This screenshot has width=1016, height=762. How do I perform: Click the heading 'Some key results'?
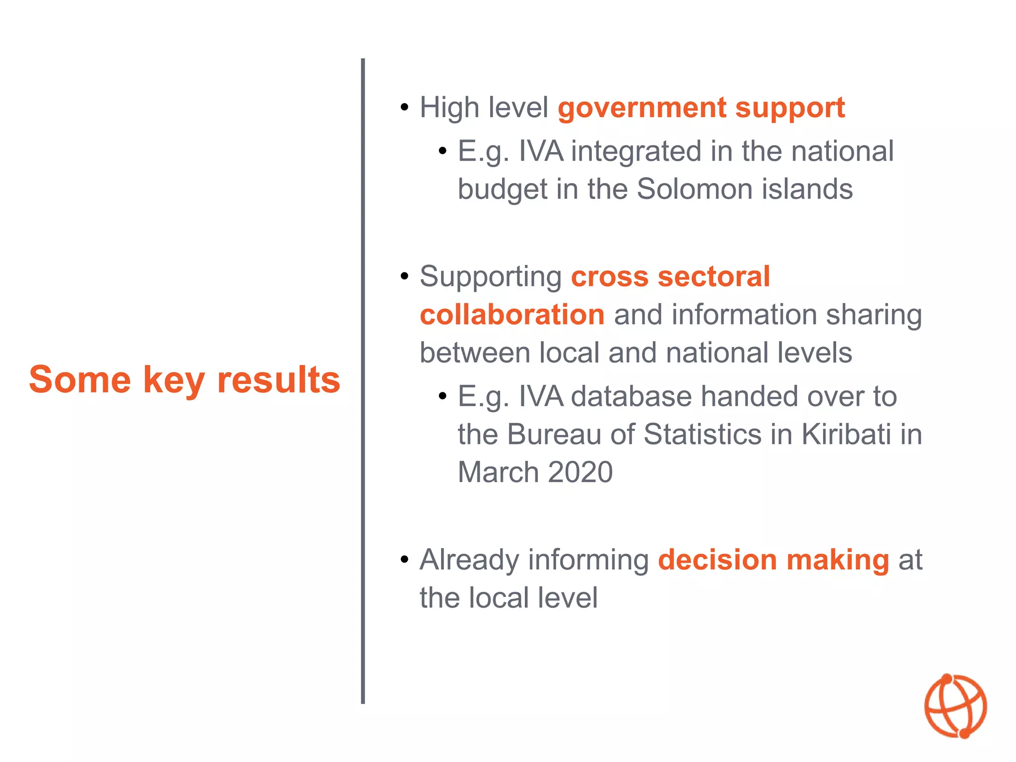[185, 380]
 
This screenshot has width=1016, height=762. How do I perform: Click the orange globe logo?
[955, 706]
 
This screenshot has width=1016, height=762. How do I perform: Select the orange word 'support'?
[790, 108]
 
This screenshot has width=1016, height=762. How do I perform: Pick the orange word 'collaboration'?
[512, 315]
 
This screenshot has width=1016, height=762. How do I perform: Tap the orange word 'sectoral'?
[713, 276]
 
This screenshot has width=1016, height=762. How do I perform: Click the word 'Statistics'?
[702, 434]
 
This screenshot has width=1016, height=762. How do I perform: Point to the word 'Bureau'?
[555, 434]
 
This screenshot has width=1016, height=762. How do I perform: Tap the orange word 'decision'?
[717, 560]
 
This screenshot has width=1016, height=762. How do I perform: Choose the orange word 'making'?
[838, 560]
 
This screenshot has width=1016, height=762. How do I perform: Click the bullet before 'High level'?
[405, 107]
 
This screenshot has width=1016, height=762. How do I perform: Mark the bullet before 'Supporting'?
[405, 276]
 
